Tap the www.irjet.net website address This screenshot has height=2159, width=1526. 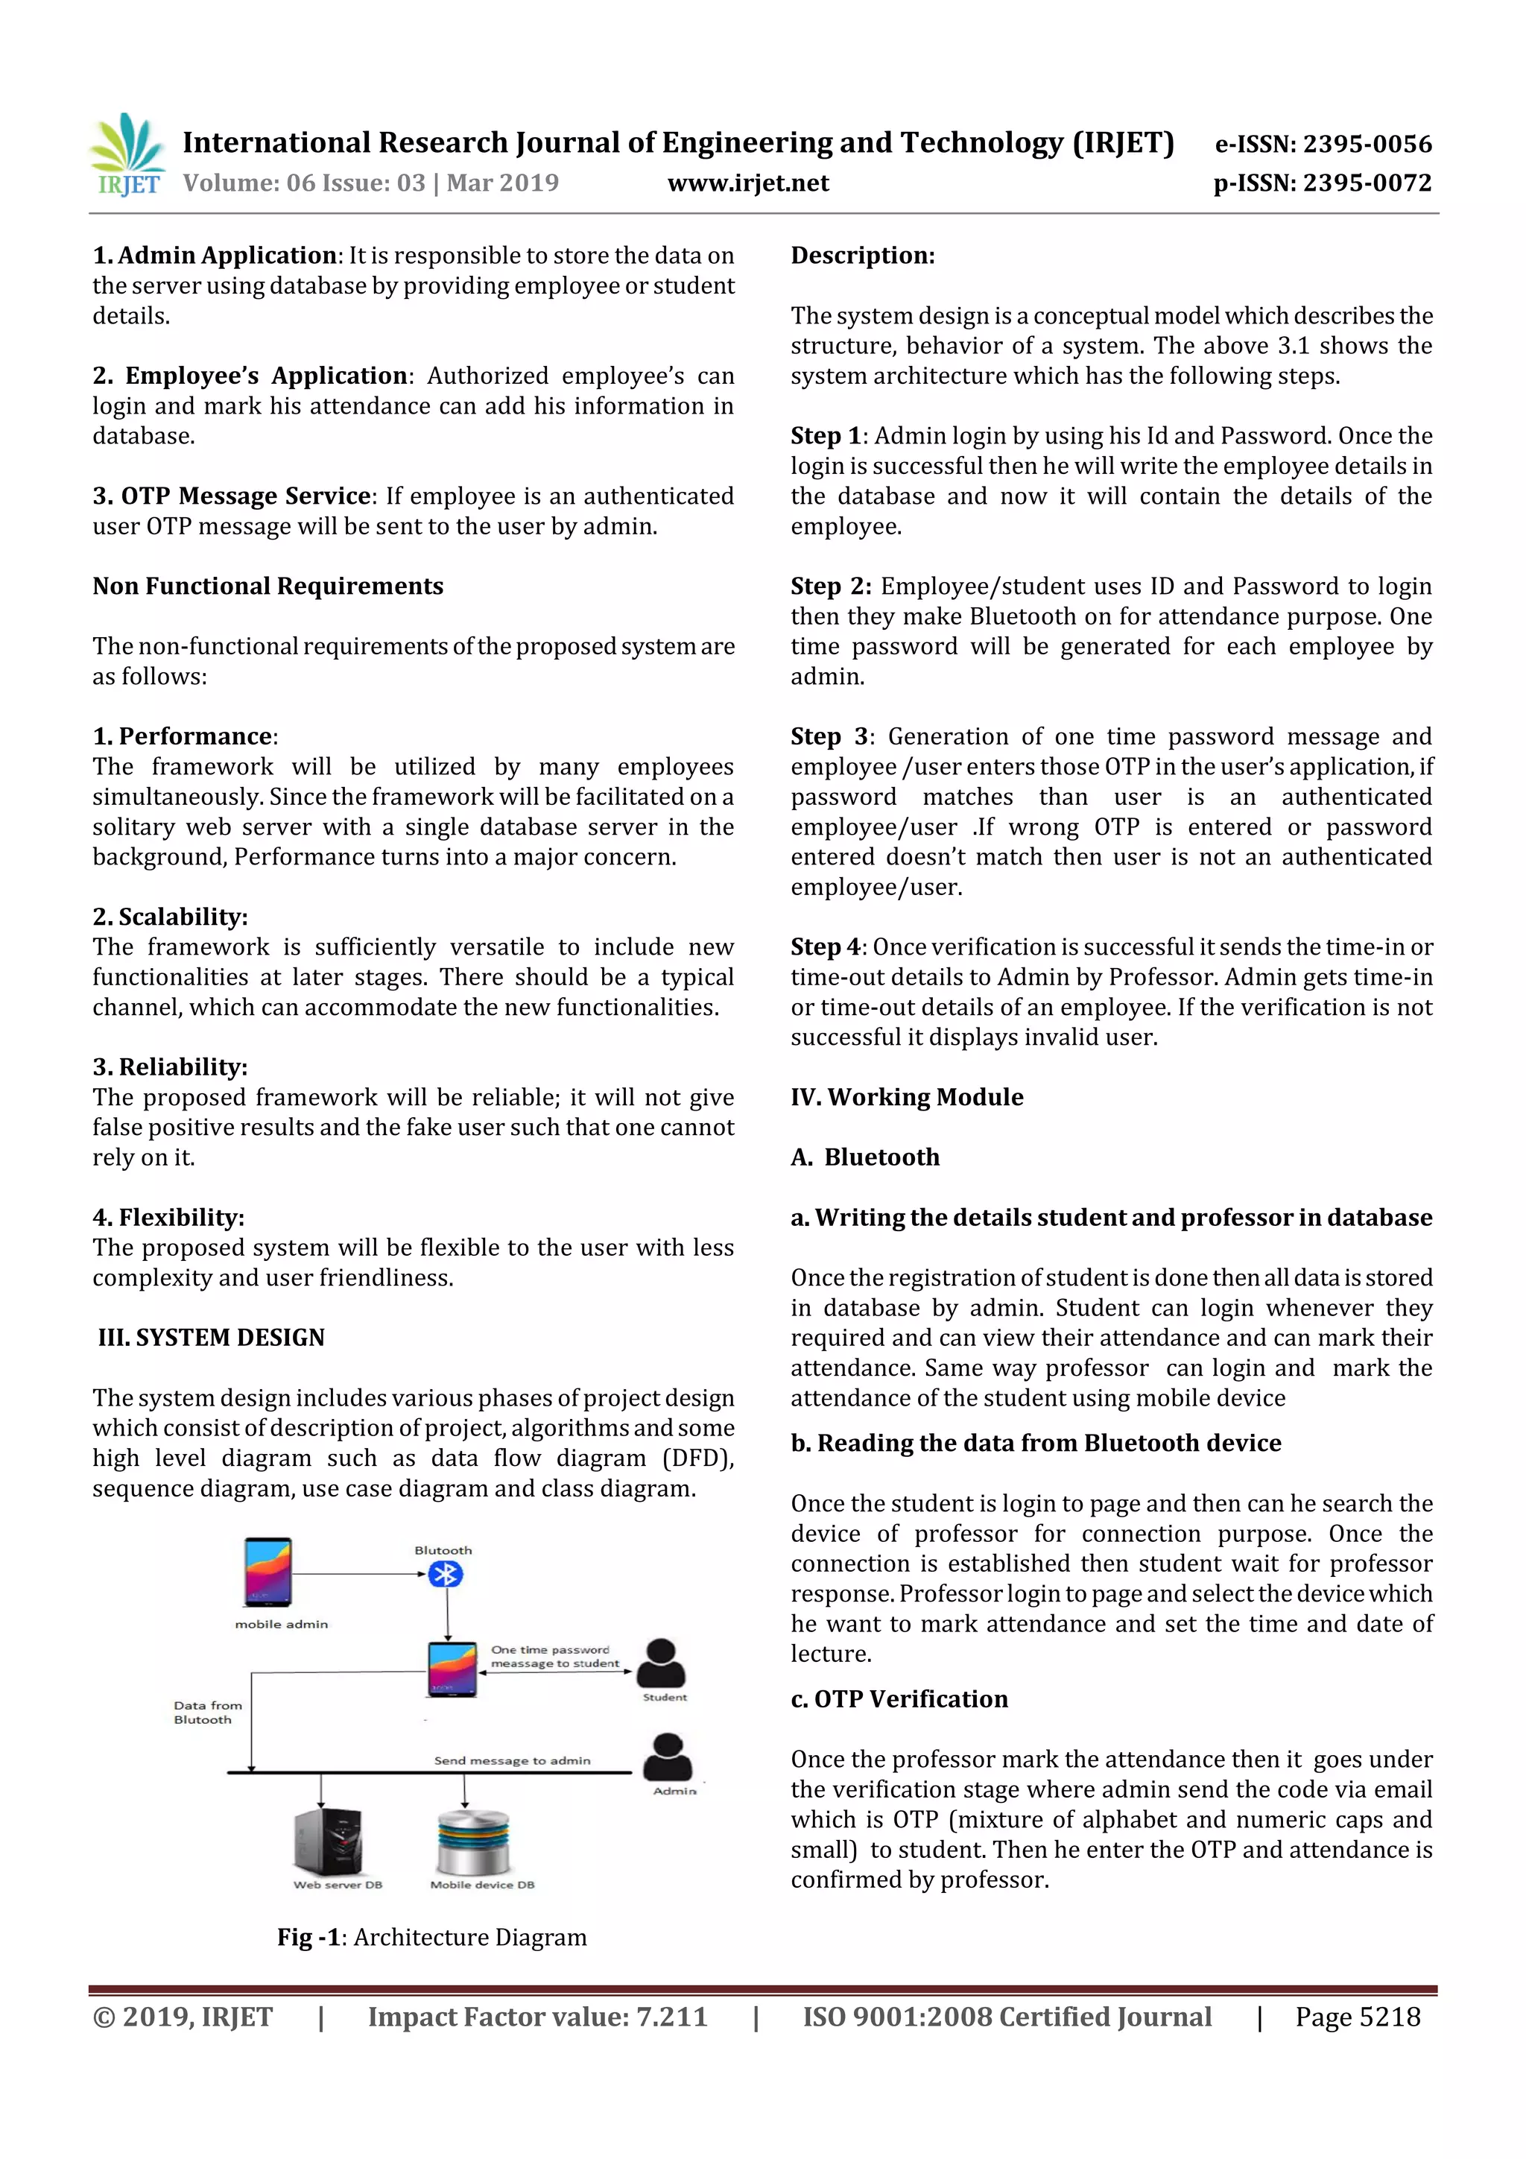click(747, 183)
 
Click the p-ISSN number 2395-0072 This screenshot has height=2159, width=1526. click(1322, 183)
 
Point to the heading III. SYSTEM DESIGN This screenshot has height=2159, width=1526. click(212, 1337)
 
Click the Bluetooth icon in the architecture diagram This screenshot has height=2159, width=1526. click(445, 1574)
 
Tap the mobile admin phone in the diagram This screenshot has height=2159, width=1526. click(268, 1572)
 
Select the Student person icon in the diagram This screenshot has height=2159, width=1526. click(661, 1663)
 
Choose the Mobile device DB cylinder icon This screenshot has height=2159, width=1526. click(473, 1842)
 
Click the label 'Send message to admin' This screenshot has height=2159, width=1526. click(513, 1760)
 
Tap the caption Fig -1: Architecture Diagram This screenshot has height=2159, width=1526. click(431, 1937)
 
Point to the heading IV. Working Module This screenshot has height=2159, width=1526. click(906, 1097)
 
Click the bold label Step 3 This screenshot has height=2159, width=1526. click(829, 736)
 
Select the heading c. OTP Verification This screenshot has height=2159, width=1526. click(899, 1699)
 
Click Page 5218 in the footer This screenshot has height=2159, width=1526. click(1357, 2017)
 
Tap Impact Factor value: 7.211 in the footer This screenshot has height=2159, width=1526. click(537, 2017)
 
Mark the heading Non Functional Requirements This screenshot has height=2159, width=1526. click(268, 586)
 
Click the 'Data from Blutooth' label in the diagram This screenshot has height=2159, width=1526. click(208, 1713)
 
